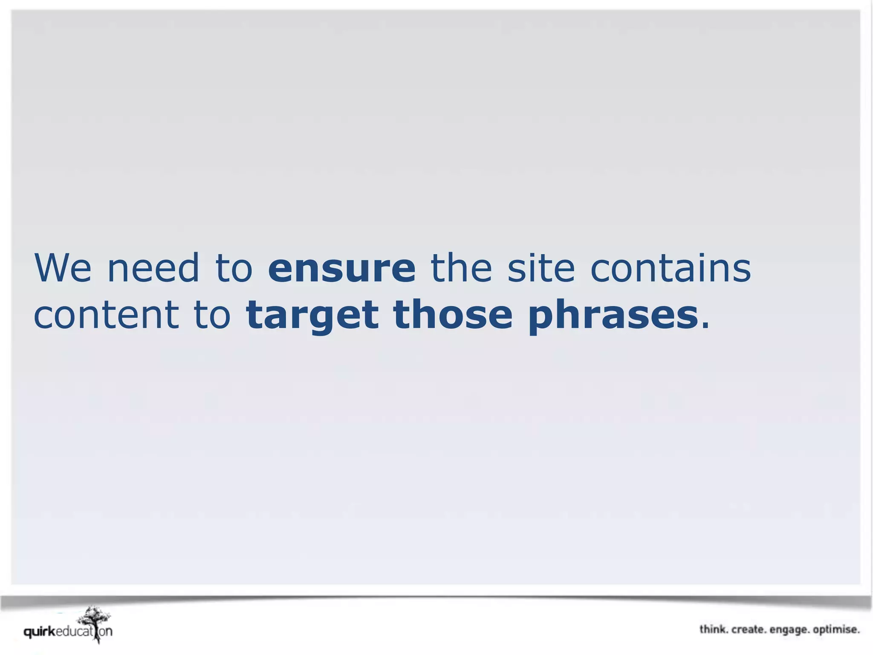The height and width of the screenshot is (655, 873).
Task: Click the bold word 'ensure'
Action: click(342, 269)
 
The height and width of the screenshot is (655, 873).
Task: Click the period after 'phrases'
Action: click(705, 326)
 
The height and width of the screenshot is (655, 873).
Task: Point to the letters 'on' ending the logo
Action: click(106, 632)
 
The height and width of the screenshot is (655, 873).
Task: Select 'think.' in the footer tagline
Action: click(714, 629)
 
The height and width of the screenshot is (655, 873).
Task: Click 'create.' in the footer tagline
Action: click(749, 629)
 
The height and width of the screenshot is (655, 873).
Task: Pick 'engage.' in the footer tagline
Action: click(789, 630)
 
